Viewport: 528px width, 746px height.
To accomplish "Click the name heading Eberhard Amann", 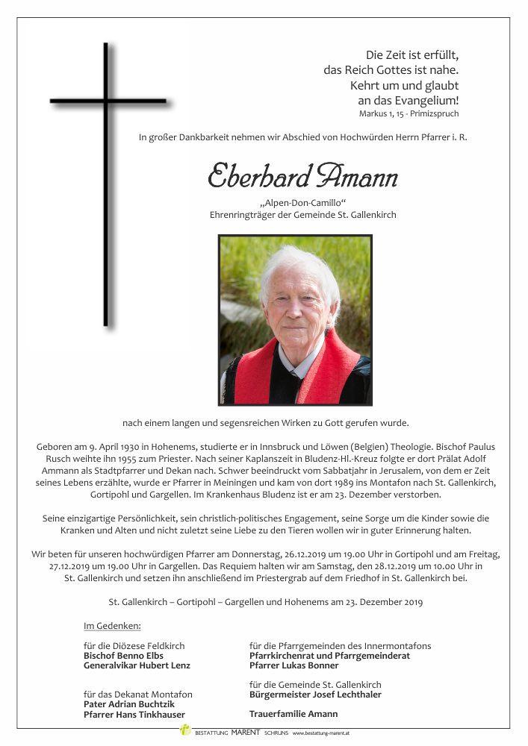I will pyautogui.click(x=302, y=176).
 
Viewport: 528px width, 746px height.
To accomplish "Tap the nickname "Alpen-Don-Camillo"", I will pyautogui.click(x=302, y=203).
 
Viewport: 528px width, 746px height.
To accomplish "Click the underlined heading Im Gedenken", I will pyautogui.click(x=112, y=625).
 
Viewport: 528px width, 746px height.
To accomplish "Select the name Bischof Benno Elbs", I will pyautogui.click(x=123, y=656).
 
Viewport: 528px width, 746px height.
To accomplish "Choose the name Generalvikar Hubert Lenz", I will pyautogui.click(x=137, y=665).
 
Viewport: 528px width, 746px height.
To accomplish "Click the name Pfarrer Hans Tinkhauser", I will pyautogui.click(x=134, y=714).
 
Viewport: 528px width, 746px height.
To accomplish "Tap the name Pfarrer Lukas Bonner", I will pyautogui.click(x=293, y=665).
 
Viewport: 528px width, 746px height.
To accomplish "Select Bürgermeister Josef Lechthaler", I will pyautogui.click(x=315, y=695).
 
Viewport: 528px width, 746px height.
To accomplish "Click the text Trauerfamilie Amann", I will pyautogui.click(x=293, y=714).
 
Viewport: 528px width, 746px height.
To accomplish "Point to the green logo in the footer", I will pyautogui.click(x=185, y=730).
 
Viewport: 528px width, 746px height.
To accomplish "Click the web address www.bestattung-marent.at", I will pyautogui.click(x=320, y=733).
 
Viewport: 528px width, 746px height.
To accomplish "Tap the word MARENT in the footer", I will pyautogui.click(x=246, y=733).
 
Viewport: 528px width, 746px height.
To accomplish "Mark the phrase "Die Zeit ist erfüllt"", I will pyautogui.click(x=411, y=54).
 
